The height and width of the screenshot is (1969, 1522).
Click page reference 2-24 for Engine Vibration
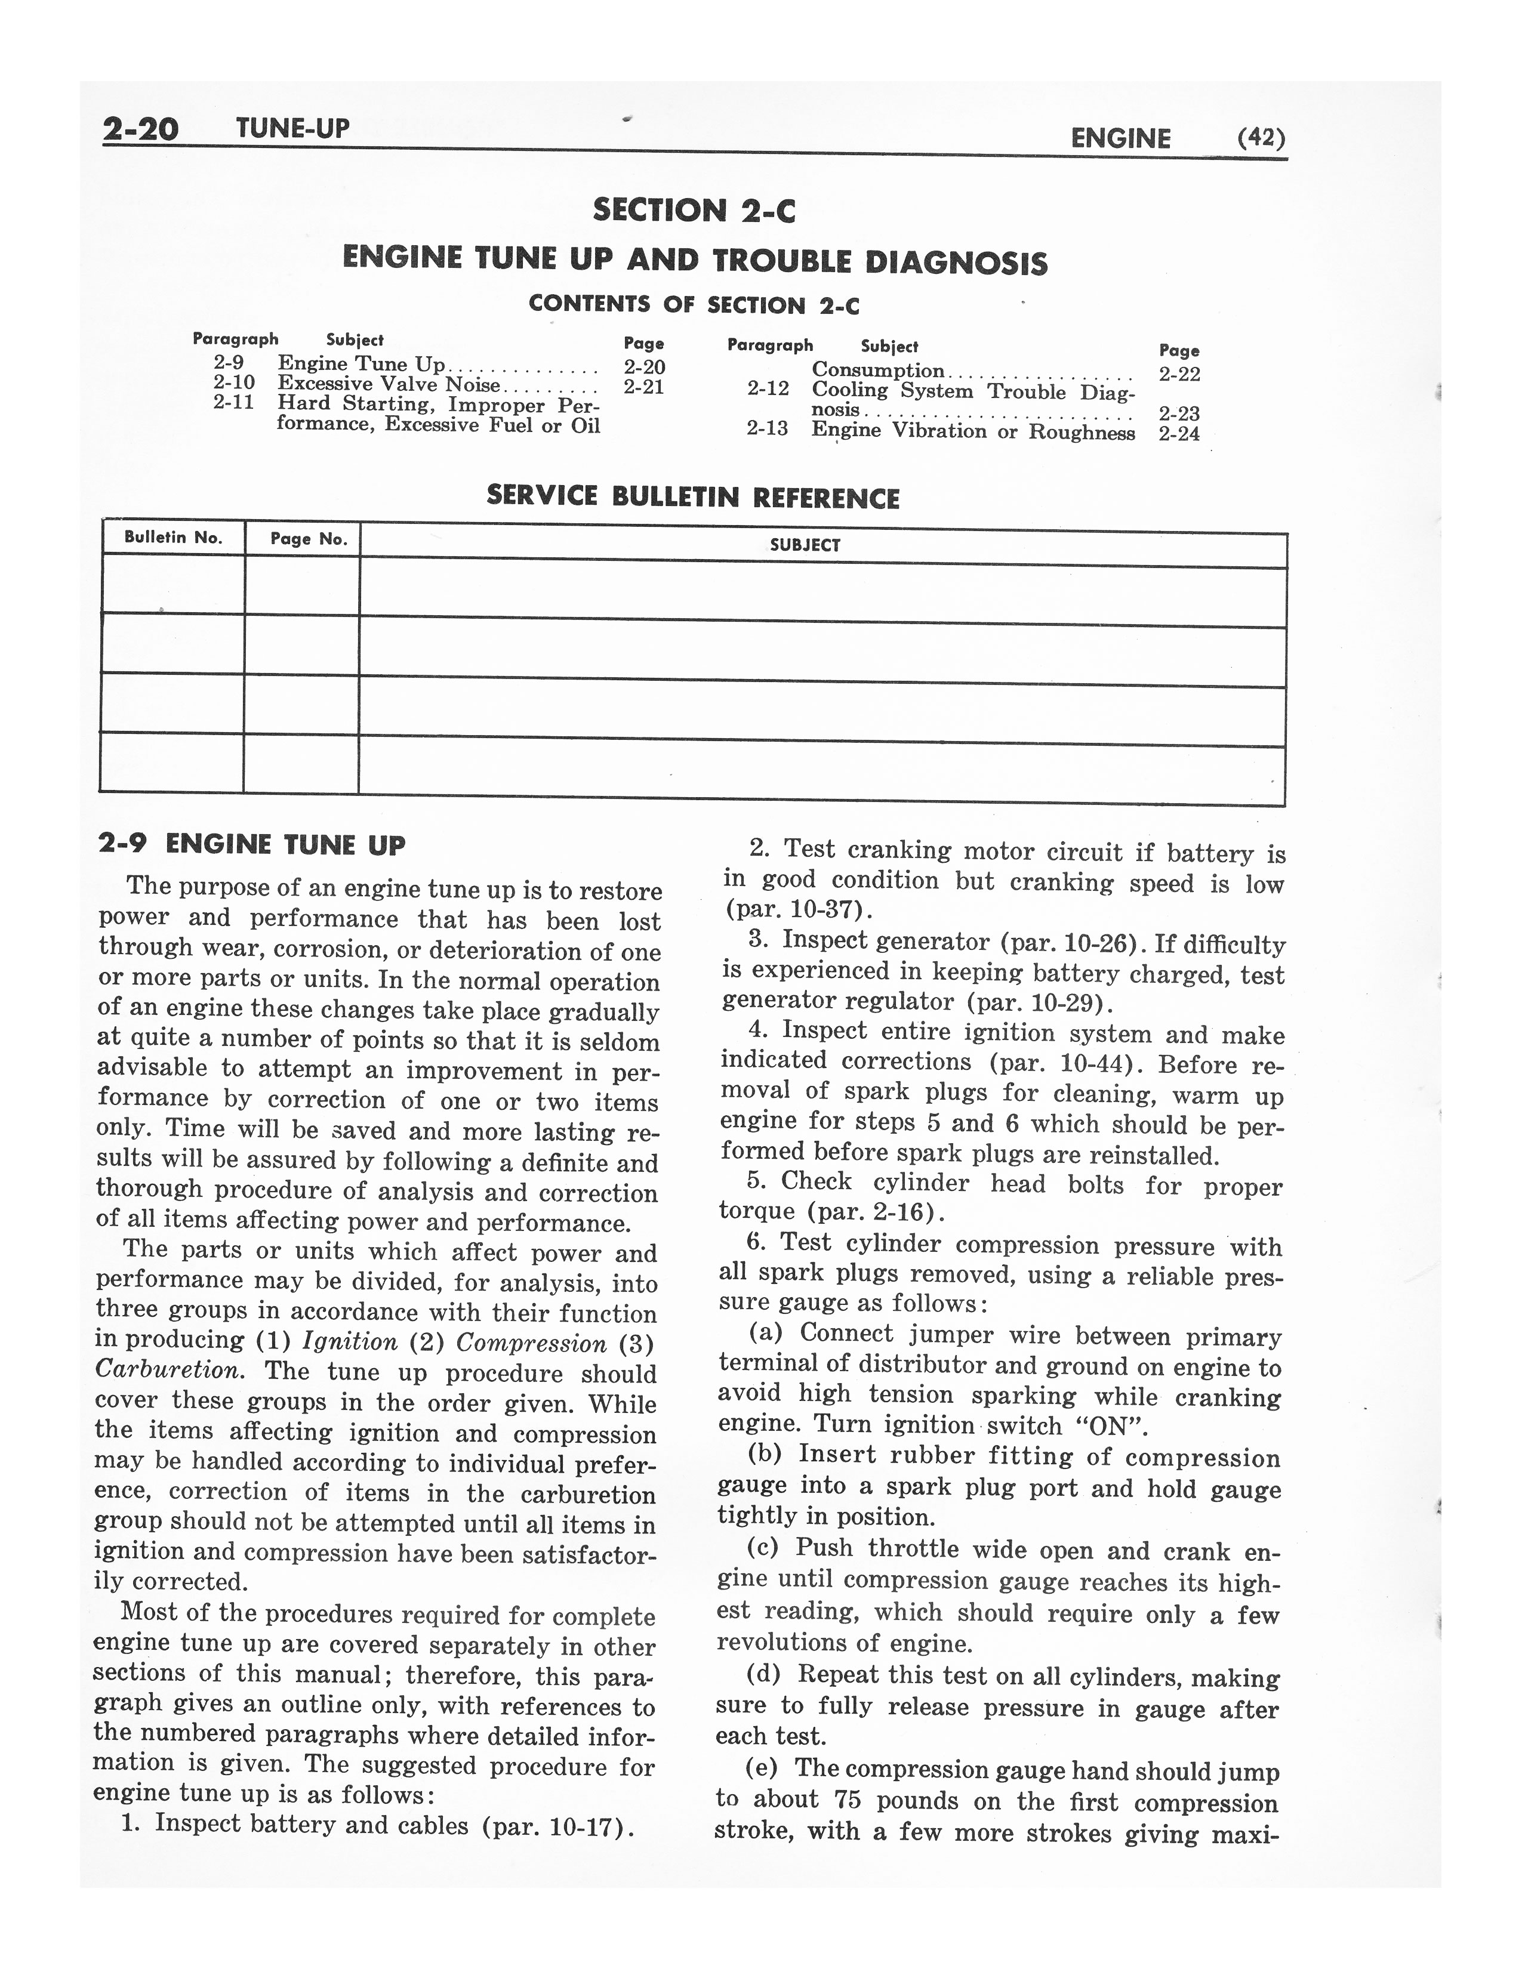point(1179,434)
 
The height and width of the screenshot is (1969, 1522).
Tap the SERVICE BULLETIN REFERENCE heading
point(692,497)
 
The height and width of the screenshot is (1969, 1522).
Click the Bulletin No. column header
point(173,538)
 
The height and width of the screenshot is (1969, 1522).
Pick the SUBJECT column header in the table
point(805,545)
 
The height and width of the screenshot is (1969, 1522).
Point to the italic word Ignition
point(350,1341)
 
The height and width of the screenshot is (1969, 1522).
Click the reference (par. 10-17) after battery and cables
point(558,1828)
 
